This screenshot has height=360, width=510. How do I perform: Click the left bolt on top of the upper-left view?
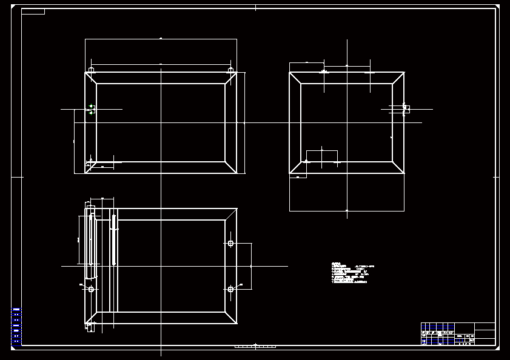(91, 70)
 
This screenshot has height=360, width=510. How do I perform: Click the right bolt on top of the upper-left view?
(230, 70)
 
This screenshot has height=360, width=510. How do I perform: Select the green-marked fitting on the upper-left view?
(91, 109)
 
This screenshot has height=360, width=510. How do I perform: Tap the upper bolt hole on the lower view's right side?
(230, 243)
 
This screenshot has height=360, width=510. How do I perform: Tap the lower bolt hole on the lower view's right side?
(230, 289)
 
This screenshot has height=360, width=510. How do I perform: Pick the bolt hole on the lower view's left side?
(91, 289)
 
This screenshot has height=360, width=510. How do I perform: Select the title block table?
(458, 334)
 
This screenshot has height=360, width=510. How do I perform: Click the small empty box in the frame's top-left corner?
(33, 12)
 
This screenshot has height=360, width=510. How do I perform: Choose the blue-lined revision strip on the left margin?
(16, 327)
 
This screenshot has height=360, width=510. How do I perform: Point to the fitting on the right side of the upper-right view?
(405, 109)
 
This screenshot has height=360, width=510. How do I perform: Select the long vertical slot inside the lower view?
(113, 239)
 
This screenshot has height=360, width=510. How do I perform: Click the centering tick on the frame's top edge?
(255, 7)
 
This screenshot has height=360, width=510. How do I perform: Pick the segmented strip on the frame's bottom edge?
(255, 346)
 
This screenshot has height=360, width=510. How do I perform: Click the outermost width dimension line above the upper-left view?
(161, 39)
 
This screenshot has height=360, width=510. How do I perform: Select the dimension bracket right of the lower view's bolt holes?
(250, 265)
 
